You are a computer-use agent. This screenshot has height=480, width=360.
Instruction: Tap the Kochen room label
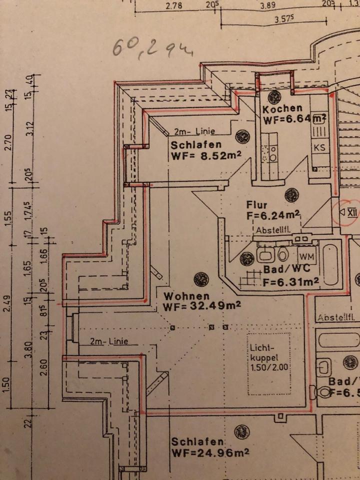coord(282,108)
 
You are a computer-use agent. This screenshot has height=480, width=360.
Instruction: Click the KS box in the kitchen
coord(319,147)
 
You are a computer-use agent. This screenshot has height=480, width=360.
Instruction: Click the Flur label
coord(256,205)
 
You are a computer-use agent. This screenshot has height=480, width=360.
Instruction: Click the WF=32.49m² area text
coord(202,306)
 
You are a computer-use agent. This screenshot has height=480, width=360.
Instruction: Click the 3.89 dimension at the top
coord(268,6)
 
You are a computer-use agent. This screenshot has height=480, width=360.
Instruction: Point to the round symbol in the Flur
coord(291,194)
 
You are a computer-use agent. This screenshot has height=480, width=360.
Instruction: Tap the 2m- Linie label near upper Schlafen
coord(194,132)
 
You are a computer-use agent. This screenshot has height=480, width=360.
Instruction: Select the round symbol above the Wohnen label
coord(201,279)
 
